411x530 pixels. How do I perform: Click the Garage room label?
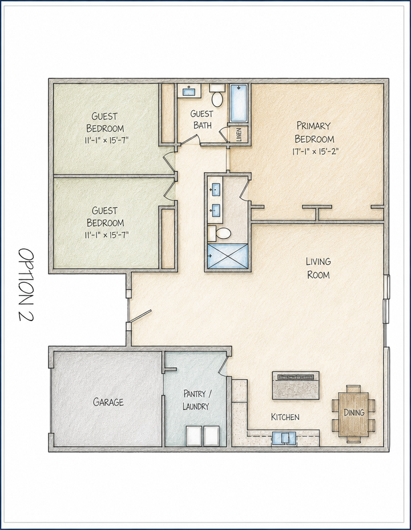(x=108, y=402)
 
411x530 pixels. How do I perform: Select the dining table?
(x=353, y=413)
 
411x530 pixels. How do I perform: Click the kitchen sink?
(x=284, y=439)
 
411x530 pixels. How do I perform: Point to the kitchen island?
(x=296, y=386)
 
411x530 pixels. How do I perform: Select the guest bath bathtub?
(x=239, y=103)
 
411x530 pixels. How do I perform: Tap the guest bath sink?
(x=188, y=91)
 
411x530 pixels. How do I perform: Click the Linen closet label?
(x=239, y=135)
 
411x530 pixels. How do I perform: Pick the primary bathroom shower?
(x=228, y=256)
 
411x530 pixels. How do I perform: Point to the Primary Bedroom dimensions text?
(x=315, y=151)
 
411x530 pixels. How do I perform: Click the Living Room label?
(x=318, y=268)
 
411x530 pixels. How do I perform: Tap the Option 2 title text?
(x=26, y=286)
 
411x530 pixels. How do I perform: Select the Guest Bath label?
(x=202, y=119)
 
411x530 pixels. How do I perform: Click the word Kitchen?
(x=285, y=417)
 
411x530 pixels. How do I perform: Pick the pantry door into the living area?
(x=224, y=364)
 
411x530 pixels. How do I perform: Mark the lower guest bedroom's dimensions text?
(x=107, y=235)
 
